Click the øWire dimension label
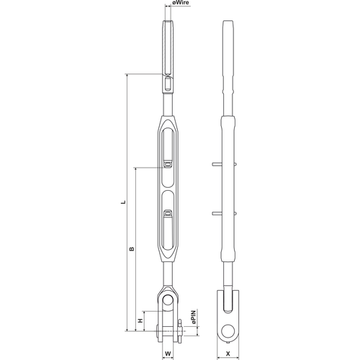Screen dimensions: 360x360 [181, 3]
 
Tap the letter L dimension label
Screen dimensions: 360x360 [123, 202]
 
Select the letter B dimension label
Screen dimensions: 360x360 [132, 249]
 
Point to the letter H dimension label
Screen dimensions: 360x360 [140, 320]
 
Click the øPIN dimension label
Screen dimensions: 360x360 [194, 318]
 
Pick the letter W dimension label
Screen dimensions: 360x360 [168, 354]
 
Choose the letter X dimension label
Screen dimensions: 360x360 [228, 354]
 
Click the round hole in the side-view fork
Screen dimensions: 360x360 [228, 331]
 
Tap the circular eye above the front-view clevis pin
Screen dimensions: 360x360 [168, 300]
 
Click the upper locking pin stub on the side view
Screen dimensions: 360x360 [217, 164]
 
